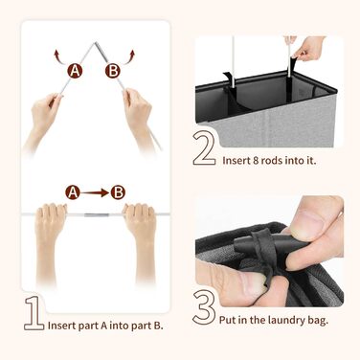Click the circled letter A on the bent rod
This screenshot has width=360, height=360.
(x=75, y=71)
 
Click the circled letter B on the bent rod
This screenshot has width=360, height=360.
(x=113, y=71)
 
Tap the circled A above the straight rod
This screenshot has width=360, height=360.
(x=73, y=192)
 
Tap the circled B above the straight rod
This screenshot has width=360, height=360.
(x=118, y=192)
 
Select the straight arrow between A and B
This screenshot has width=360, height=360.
(x=95, y=192)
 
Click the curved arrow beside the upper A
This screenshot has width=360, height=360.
(x=59, y=56)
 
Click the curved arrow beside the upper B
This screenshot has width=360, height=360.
(x=128, y=56)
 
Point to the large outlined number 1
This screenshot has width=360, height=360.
(x=34, y=313)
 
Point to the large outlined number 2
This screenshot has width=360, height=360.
(x=204, y=148)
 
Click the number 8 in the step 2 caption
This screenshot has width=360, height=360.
(x=255, y=160)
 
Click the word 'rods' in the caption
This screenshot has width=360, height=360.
(x=271, y=160)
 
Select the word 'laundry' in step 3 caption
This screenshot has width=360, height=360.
(x=284, y=320)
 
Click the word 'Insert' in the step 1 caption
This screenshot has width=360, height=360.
(x=60, y=326)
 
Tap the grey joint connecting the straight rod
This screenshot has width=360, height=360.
(x=95, y=214)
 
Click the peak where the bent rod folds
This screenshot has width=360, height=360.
(x=95, y=42)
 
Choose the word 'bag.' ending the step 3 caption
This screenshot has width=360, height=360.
(x=317, y=320)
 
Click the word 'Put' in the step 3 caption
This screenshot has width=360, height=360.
(x=227, y=320)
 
